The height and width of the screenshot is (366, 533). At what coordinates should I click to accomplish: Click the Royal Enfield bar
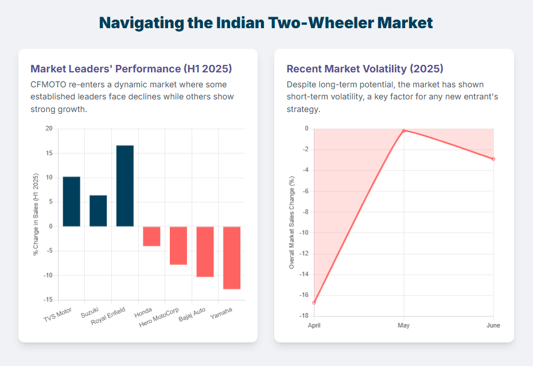[x=125, y=186]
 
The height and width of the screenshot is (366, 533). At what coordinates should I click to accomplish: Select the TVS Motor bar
[x=71, y=201]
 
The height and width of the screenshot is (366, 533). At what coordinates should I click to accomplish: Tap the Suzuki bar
[x=98, y=210]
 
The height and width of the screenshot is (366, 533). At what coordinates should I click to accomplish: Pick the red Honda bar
[x=151, y=236]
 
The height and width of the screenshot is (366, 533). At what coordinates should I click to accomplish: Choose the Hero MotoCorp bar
[x=178, y=245]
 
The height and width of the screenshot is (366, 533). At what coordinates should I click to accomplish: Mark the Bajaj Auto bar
[x=205, y=252]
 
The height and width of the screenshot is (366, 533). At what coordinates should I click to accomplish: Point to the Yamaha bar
[x=232, y=257]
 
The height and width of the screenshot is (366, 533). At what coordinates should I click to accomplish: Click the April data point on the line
[x=314, y=302]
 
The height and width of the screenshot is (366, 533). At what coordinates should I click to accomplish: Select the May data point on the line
[x=404, y=130]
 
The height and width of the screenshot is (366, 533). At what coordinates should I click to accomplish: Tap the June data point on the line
[x=493, y=159]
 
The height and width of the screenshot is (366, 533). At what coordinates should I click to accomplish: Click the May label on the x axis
[x=404, y=325]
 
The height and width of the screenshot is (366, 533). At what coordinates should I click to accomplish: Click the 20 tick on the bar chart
[x=49, y=129]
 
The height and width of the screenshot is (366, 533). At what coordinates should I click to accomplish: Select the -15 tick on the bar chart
[x=48, y=300]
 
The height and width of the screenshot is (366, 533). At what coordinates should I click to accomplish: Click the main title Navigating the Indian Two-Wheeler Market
[x=266, y=23]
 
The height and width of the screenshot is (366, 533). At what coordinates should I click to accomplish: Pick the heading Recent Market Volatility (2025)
[x=365, y=69]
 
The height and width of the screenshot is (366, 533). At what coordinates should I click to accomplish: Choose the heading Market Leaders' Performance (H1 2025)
[x=131, y=69]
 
